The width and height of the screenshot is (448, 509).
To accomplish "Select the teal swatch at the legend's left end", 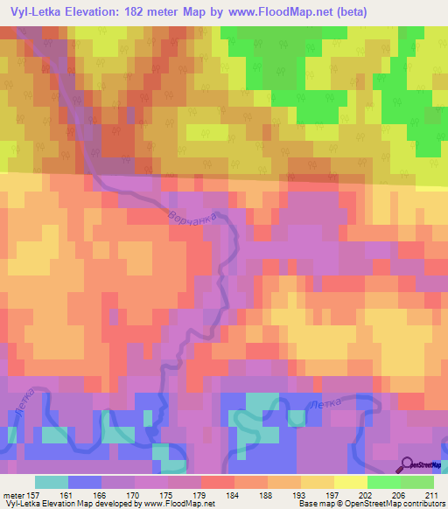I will pyautogui.click(x=52, y=482).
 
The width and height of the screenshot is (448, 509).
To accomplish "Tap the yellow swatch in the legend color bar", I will pyautogui.click(x=351, y=482).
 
